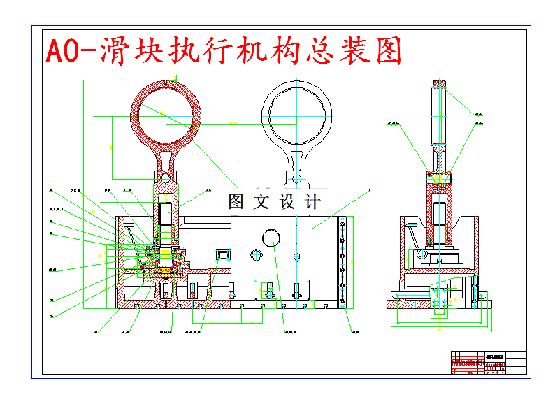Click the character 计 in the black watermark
(312, 201)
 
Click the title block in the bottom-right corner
(489, 363)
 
